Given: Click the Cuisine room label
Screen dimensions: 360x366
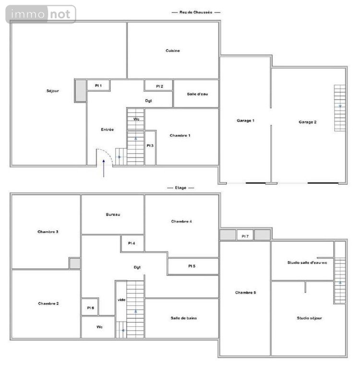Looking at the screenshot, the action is pyautogui.click(x=173, y=51).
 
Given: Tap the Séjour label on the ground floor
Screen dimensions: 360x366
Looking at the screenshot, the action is pyautogui.click(x=53, y=91).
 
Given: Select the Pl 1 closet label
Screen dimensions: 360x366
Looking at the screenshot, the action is pyautogui.click(x=98, y=86).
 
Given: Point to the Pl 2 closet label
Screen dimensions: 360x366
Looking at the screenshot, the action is pyautogui.click(x=159, y=86).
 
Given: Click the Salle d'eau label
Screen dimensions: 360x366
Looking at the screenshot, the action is pyautogui.click(x=197, y=94).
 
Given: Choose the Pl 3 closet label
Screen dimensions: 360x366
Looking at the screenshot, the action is pyautogui.click(x=150, y=146).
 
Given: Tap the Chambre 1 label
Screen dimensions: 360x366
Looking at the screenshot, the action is pyautogui.click(x=180, y=135).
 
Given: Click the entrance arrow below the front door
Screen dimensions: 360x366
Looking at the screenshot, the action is pyautogui.click(x=104, y=168).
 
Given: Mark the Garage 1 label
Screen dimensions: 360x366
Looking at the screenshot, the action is pyautogui.click(x=245, y=121).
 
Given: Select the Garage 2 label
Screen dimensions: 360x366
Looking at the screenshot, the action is pyautogui.click(x=307, y=122).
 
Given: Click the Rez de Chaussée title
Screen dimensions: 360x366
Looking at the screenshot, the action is pyautogui.click(x=196, y=12).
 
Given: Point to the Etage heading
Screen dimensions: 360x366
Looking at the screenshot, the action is pyautogui.click(x=180, y=188).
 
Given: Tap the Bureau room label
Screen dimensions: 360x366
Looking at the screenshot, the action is pyautogui.click(x=113, y=214).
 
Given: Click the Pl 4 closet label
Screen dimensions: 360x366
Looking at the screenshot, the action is pyautogui.click(x=132, y=243).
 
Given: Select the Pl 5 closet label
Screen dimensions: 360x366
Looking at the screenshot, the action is pyautogui.click(x=192, y=266).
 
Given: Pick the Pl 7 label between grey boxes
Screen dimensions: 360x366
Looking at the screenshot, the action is pyautogui.click(x=245, y=236).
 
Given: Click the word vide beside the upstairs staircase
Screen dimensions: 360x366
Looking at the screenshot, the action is pyautogui.click(x=121, y=300).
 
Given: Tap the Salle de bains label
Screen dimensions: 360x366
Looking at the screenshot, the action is pyautogui.click(x=184, y=318).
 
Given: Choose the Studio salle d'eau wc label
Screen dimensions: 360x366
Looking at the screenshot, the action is pyautogui.click(x=307, y=262).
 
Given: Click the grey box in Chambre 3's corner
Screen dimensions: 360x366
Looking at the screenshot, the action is pyautogui.click(x=75, y=263).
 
